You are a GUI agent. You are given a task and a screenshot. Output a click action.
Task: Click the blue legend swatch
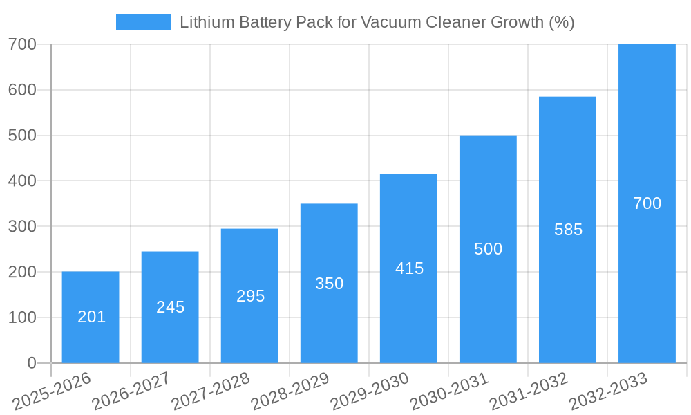[143, 22]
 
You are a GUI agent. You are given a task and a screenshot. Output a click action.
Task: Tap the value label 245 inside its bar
[170, 307]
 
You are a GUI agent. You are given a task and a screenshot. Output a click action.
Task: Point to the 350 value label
[329, 284]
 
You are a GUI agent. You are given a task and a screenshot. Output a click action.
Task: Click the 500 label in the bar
[488, 249]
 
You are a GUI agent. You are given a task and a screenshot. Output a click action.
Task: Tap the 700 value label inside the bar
[647, 203]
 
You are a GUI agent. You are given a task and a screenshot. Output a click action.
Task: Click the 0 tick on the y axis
[31, 363]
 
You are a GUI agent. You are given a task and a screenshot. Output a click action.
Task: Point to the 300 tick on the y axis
[22, 226]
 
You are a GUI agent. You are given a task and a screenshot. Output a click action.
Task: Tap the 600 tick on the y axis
[22, 90]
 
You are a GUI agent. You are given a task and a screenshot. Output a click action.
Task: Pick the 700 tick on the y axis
[22, 44]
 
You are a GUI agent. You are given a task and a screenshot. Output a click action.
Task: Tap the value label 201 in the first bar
[91, 317]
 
